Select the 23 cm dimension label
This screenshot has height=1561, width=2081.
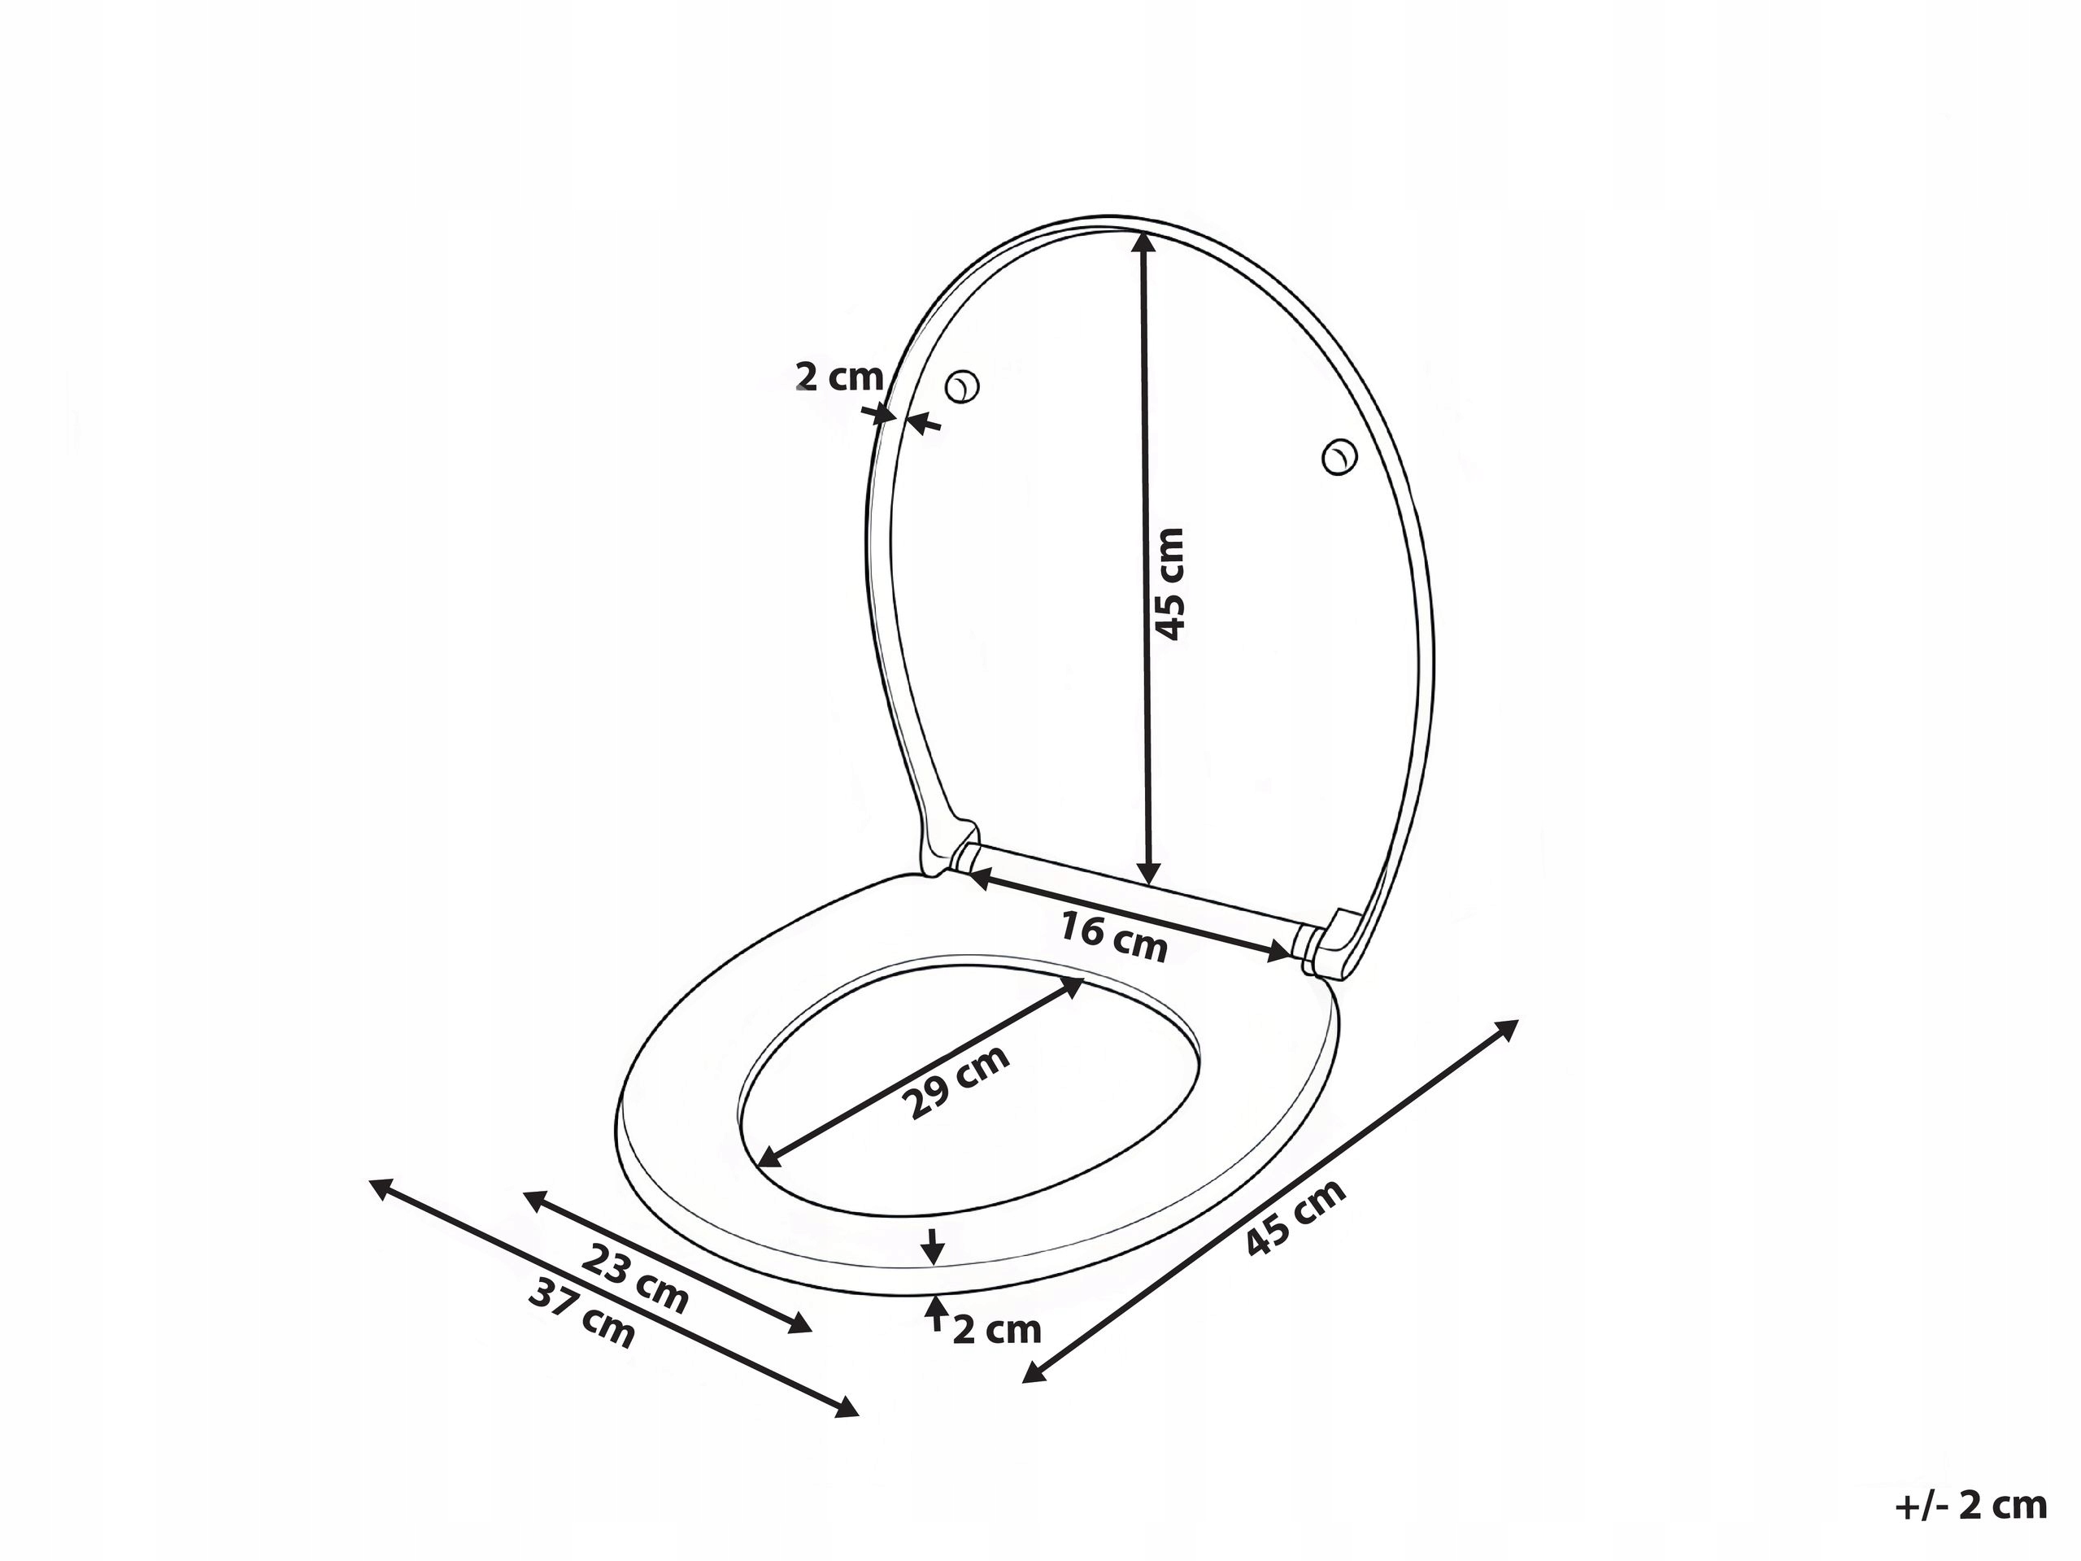(635, 1279)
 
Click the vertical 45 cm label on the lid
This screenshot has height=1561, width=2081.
(1169, 584)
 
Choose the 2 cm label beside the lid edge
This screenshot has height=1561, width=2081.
(839, 377)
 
